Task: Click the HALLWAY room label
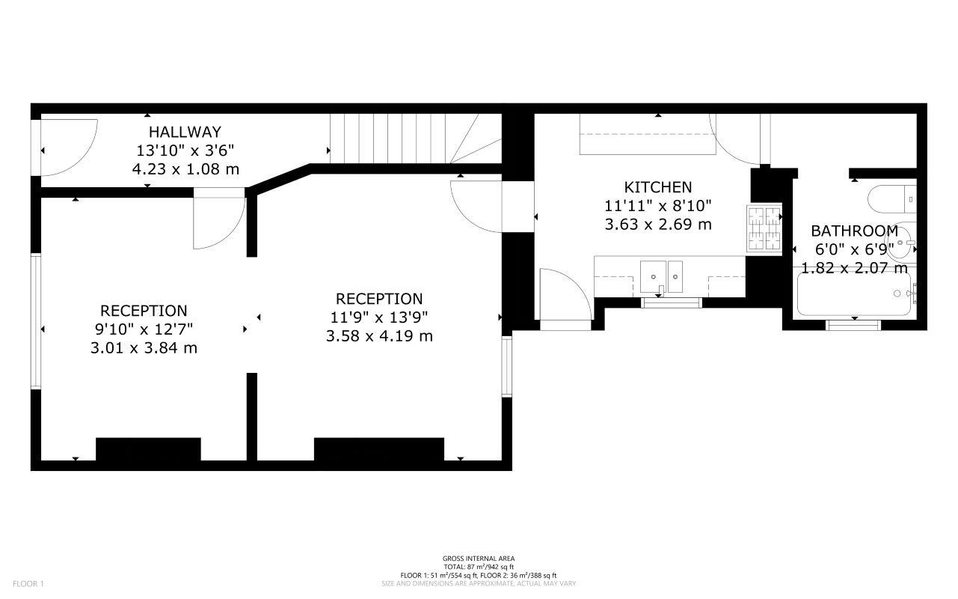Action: coord(185,133)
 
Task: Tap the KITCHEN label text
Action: coord(658,187)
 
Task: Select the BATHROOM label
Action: coord(854,231)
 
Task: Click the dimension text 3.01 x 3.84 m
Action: coord(144,347)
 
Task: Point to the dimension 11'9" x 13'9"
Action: coord(379,317)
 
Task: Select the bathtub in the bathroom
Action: coord(853,294)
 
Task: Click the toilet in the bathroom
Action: coord(890,198)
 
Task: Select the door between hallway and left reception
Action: coord(218,222)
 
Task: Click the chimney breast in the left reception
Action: coord(148,449)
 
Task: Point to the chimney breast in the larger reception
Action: coord(378,449)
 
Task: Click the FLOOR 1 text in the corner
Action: coord(28,583)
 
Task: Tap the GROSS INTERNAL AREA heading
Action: coord(478,558)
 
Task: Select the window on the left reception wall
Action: coord(35,322)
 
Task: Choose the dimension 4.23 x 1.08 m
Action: coord(185,169)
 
